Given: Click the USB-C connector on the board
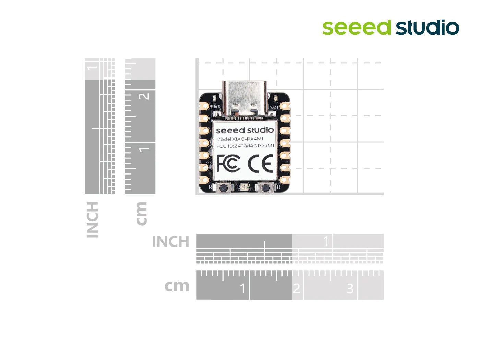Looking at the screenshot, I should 244,98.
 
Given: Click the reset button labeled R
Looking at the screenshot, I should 224,188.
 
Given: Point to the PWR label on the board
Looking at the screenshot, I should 215,107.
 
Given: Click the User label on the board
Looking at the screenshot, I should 273,107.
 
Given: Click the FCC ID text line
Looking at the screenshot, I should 245,146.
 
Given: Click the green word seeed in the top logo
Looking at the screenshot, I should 357,28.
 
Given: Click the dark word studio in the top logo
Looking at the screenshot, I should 428,28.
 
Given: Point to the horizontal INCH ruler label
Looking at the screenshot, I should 170,242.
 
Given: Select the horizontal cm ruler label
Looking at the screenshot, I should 177,286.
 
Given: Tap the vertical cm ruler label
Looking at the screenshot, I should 141,214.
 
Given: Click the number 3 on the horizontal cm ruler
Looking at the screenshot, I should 350,289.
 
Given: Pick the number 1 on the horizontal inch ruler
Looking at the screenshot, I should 326,241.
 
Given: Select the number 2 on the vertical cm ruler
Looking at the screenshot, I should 145,96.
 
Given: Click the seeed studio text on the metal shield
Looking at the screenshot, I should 245,130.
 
